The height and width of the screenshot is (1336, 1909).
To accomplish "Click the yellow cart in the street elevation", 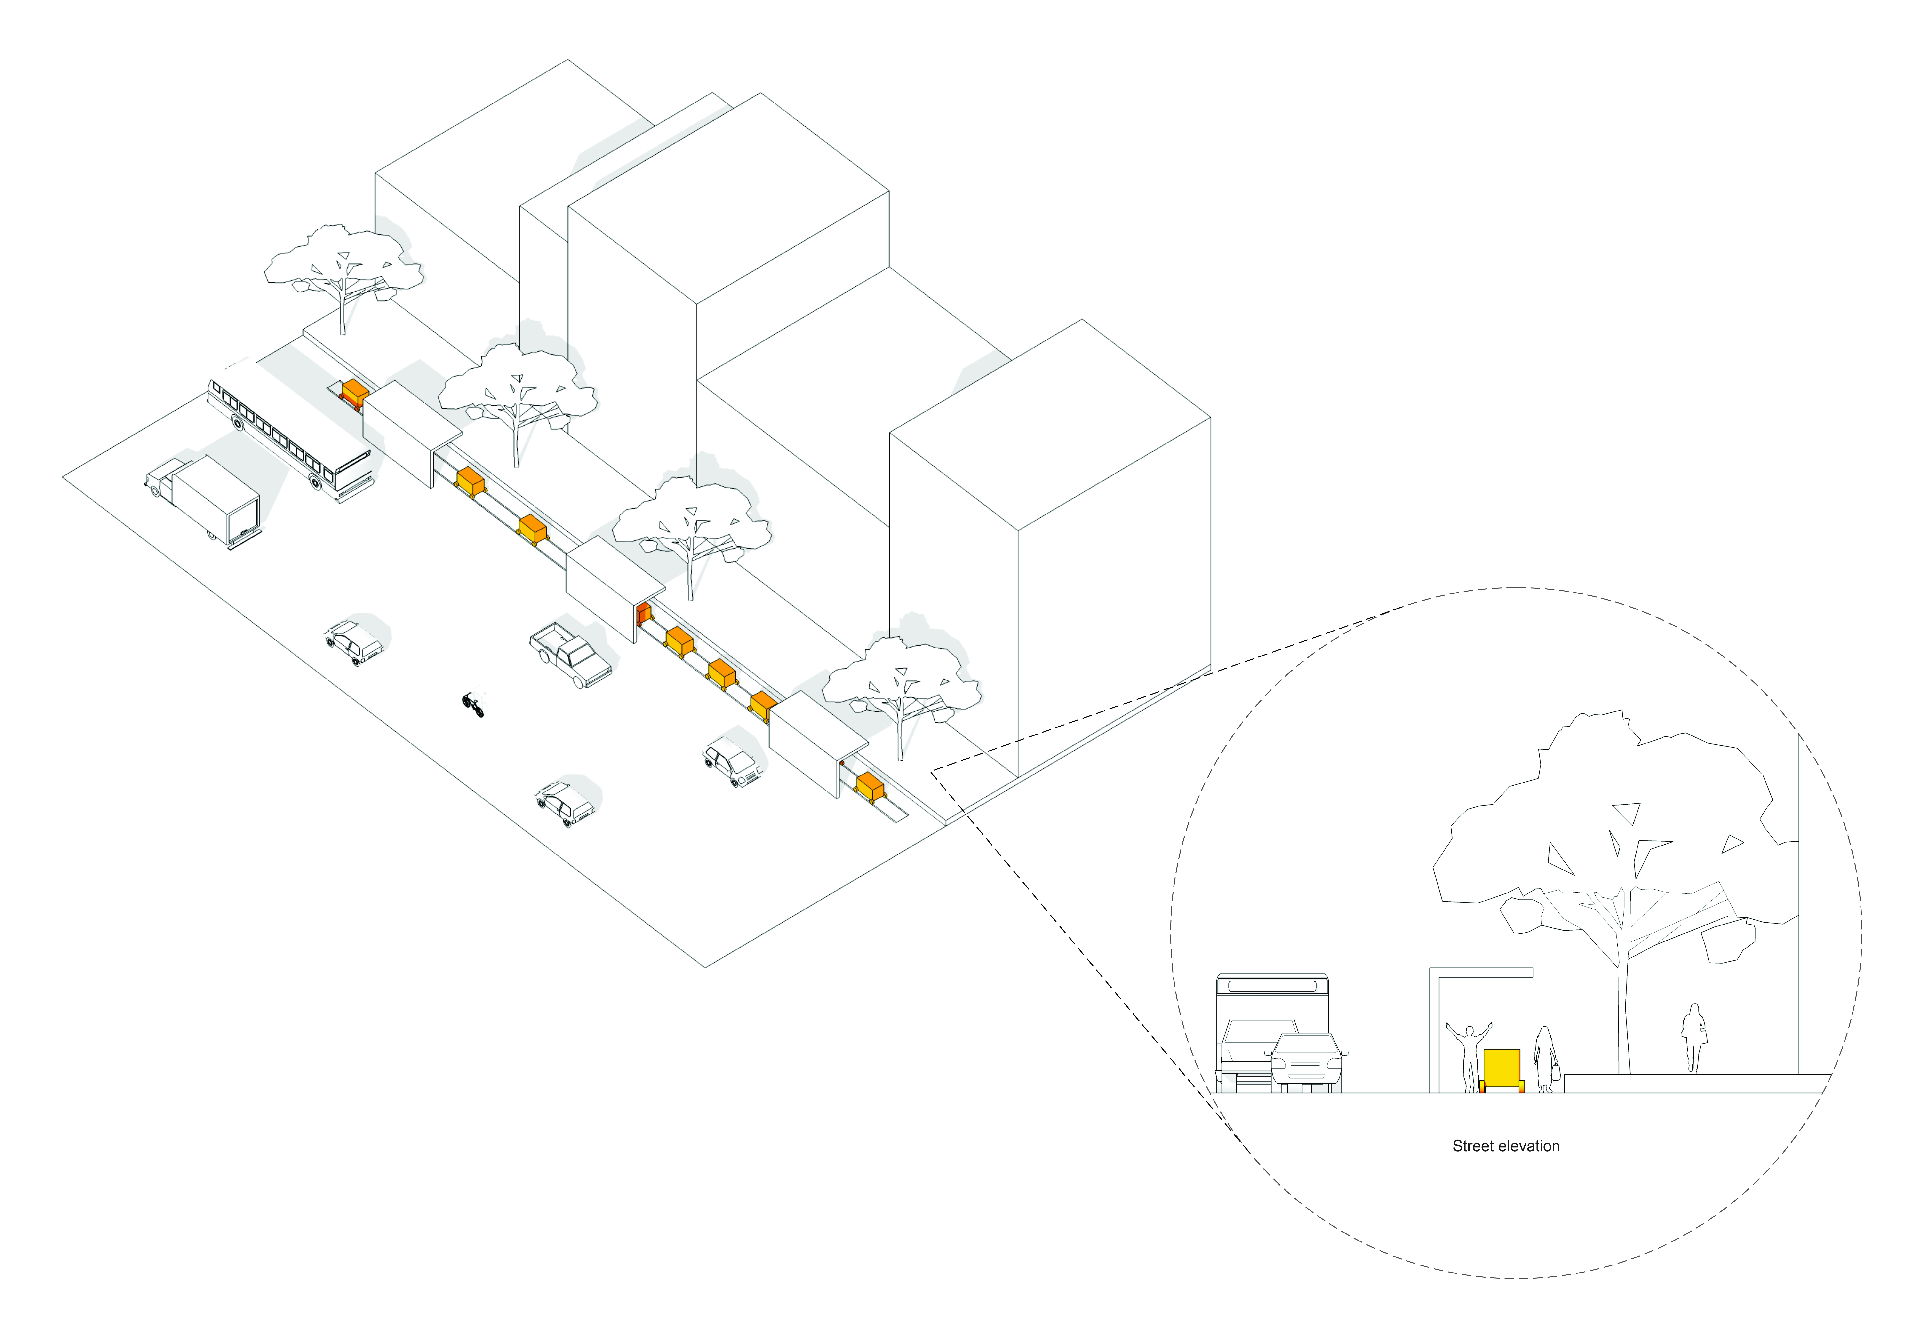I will click(x=1502, y=1068).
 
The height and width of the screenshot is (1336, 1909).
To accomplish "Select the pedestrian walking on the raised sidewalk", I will click(x=1693, y=1037).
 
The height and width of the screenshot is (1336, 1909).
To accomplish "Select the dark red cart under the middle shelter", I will click(x=643, y=615).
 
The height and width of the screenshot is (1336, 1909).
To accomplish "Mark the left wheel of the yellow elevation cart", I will click(x=1482, y=1087).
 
